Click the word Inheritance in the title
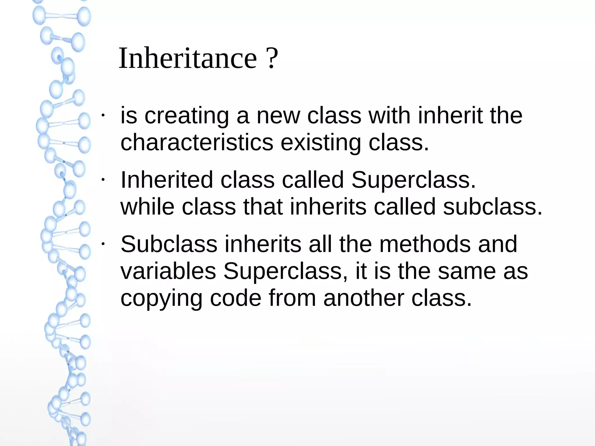[188, 58]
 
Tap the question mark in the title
[272, 58]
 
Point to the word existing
[321, 143]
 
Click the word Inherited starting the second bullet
[167, 180]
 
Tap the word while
[147, 207]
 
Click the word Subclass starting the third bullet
[169, 244]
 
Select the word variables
[168, 271]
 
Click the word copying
[161, 299]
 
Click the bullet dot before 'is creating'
[103, 115]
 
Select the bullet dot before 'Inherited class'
[103, 180]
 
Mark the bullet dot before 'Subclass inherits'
[103, 244]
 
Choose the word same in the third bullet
[467, 271]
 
